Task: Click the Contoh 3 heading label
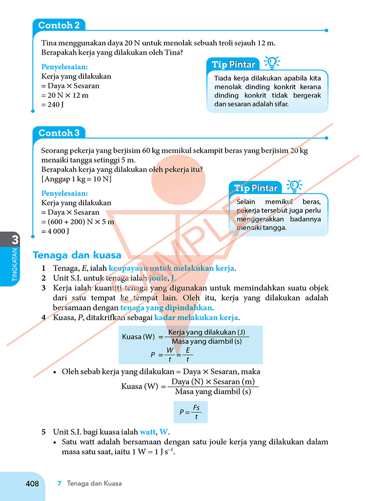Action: (x=59, y=133)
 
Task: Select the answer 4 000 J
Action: (x=56, y=231)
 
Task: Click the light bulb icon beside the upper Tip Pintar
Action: (x=272, y=63)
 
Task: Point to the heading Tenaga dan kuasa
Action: (x=77, y=255)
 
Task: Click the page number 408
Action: (x=32, y=483)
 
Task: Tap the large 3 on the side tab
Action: (x=15, y=240)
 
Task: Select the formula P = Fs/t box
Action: (x=190, y=412)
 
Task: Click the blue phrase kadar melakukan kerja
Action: (x=196, y=317)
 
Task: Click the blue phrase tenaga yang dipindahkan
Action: (x=166, y=308)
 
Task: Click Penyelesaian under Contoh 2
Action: (x=64, y=67)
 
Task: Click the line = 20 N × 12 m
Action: (x=65, y=95)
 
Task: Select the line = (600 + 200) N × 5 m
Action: (x=78, y=222)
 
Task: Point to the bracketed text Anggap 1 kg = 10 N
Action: (x=77, y=179)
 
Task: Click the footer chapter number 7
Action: (x=60, y=483)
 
